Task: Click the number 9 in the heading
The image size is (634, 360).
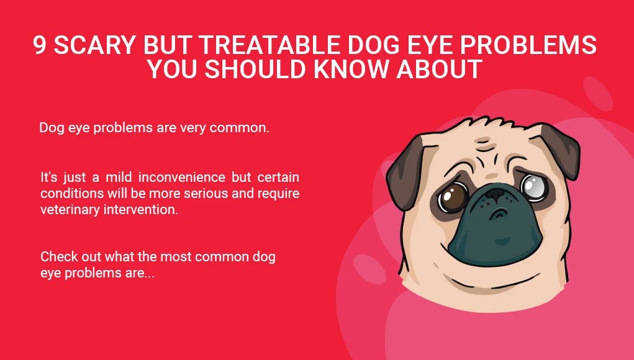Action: tap(40, 45)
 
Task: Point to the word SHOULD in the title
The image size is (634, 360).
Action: tap(256, 70)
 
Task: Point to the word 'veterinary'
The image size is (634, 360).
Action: tap(68, 209)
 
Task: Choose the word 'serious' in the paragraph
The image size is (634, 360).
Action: tap(189, 193)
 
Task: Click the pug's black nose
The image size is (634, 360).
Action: tap(496, 197)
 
